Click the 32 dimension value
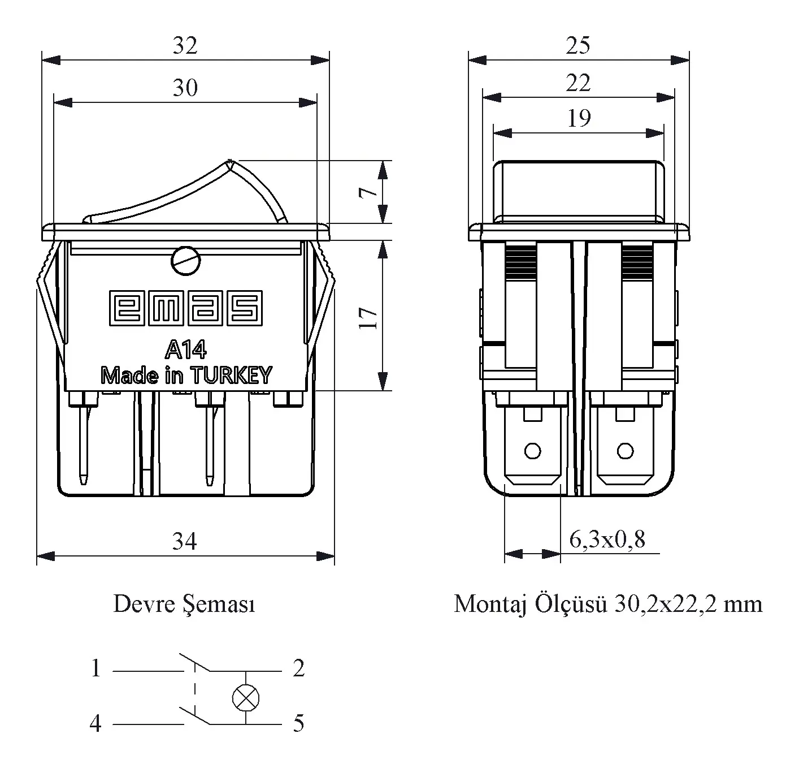point(185,46)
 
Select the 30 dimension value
point(185,88)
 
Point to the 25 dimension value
point(578,46)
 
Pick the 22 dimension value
point(578,83)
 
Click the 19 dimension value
point(578,118)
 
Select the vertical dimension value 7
point(369,192)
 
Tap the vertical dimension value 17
point(369,318)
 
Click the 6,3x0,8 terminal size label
point(607,540)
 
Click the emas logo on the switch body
point(185,308)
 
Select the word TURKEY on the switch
point(231,376)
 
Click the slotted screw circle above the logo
point(185,261)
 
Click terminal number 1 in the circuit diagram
point(96,669)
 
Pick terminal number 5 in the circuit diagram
point(298,723)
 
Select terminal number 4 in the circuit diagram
point(96,723)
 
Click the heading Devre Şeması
point(184,604)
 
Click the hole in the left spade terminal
point(532,451)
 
